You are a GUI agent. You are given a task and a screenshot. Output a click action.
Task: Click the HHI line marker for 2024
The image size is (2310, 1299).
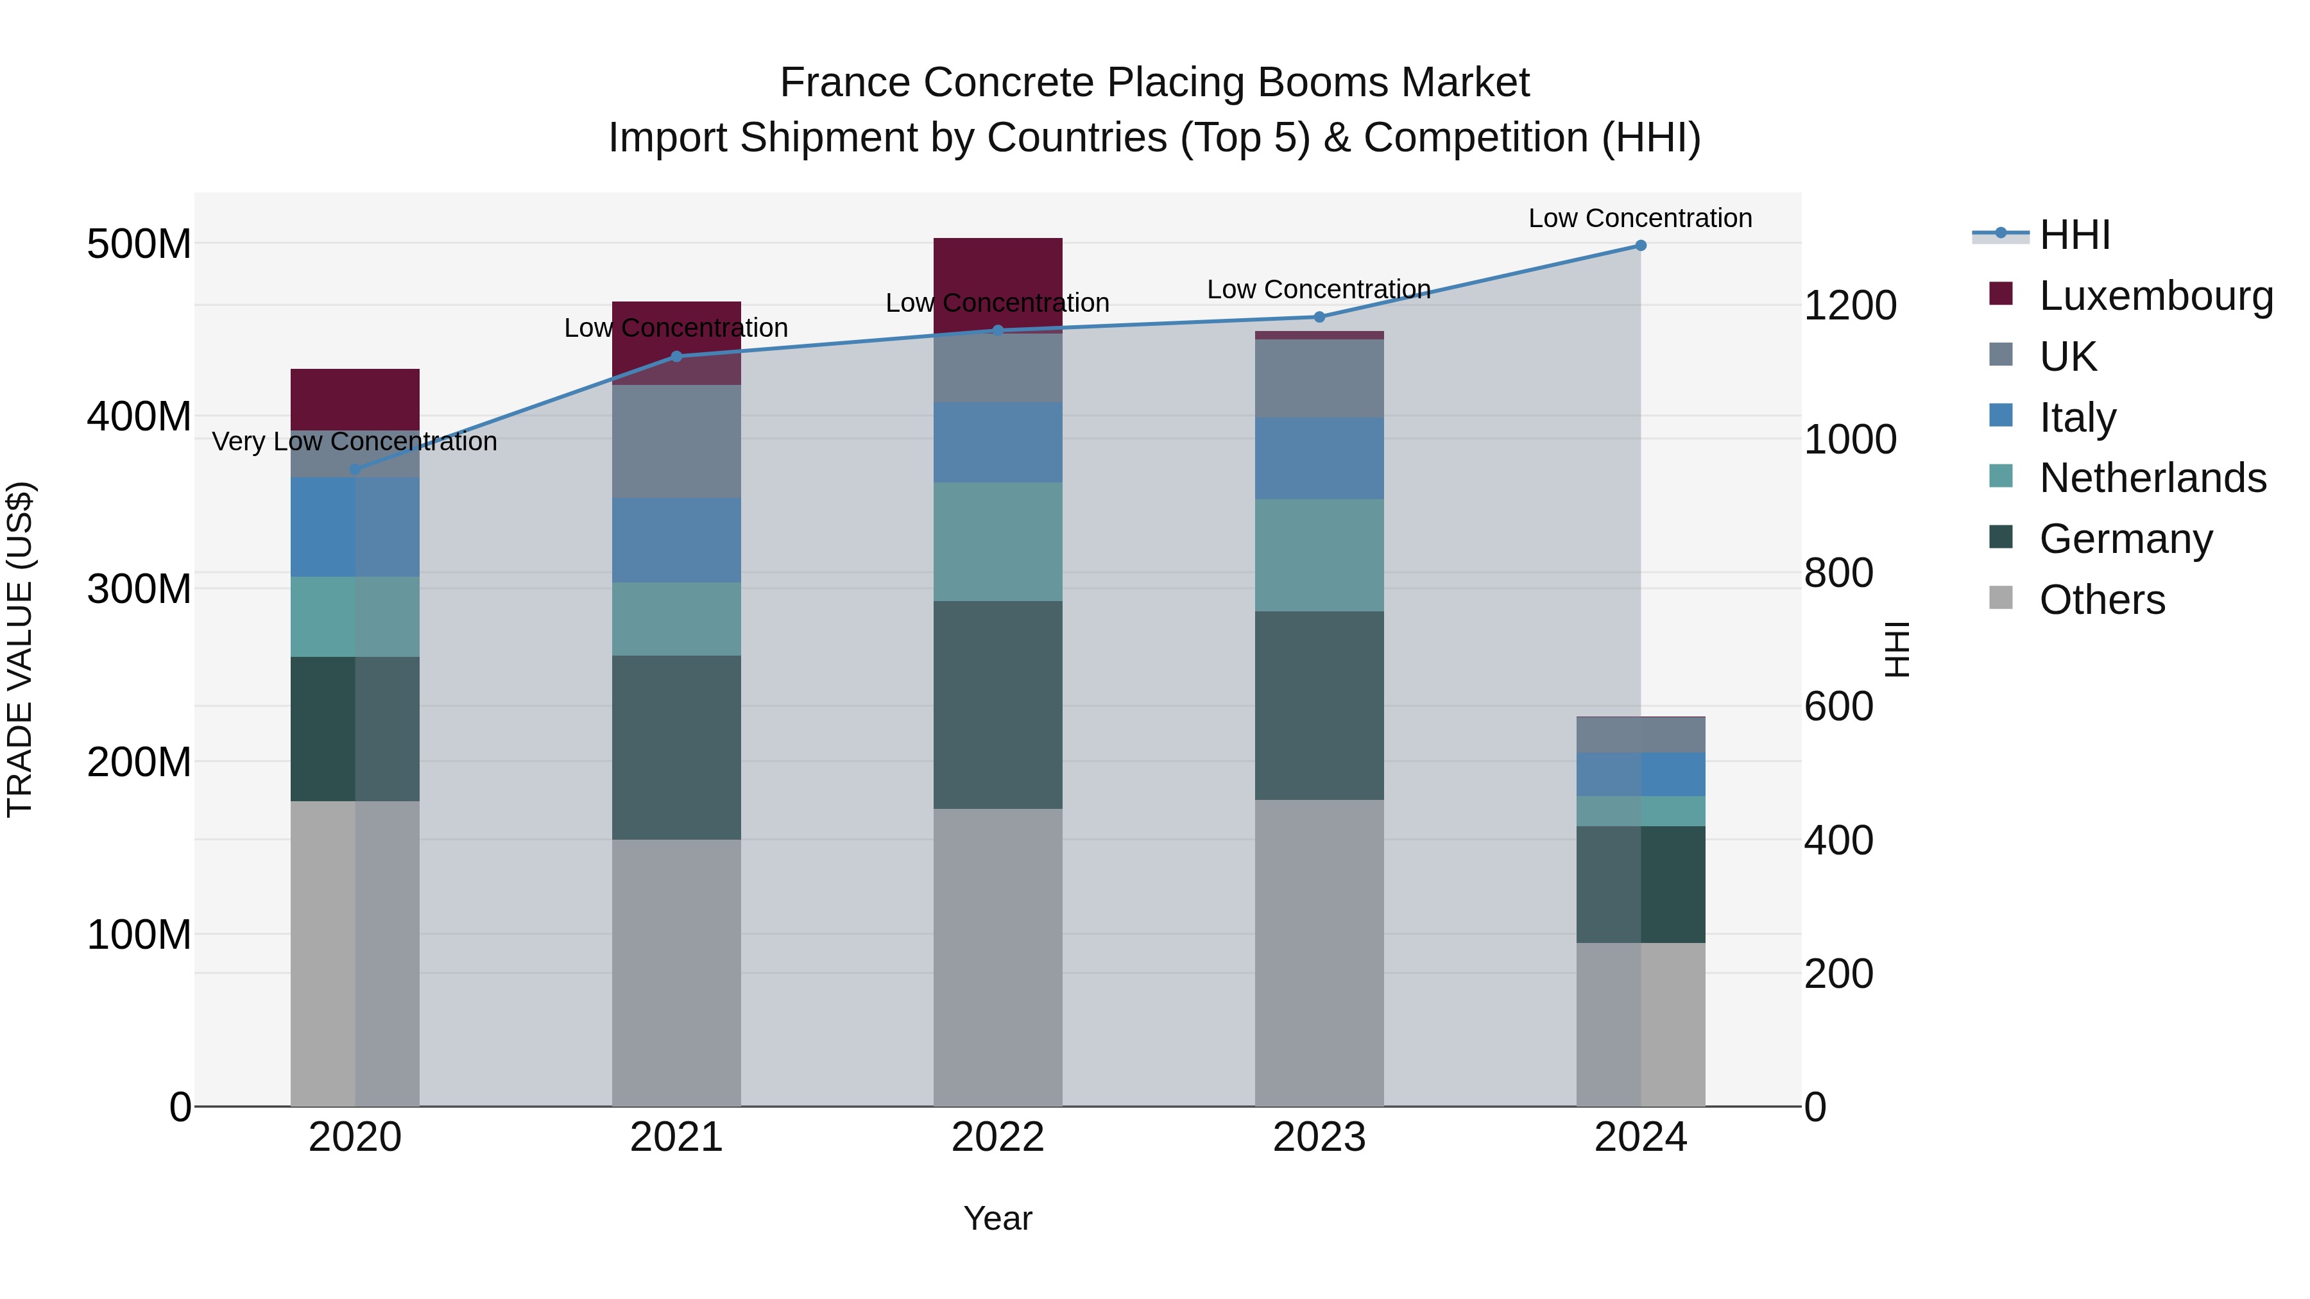coord(1640,246)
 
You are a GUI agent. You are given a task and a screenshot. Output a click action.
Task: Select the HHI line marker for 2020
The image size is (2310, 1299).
coord(355,469)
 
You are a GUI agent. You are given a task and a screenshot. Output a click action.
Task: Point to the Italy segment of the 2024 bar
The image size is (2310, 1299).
coord(1640,774)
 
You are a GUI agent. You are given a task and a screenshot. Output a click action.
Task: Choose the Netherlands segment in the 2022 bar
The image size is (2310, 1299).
coord(997,541)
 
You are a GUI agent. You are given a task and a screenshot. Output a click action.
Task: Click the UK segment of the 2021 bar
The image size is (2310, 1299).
coord(676,441)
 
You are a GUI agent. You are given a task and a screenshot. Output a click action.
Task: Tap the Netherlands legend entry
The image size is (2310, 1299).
coord(2152,478)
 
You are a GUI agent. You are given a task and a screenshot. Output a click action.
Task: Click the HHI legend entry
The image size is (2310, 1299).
coord(2074,235)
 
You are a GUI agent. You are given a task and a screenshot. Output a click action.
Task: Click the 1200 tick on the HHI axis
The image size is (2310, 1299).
coord(1850,306)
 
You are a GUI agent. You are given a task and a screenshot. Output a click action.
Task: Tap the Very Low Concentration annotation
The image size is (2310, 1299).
coord(355,442)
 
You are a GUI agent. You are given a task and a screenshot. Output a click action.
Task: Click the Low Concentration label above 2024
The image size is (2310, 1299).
coord(1639,218)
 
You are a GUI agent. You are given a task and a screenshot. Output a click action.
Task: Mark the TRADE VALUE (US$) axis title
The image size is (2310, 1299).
coord(20,649)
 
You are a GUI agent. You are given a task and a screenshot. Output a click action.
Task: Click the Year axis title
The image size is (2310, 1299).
coord(997,1218)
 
